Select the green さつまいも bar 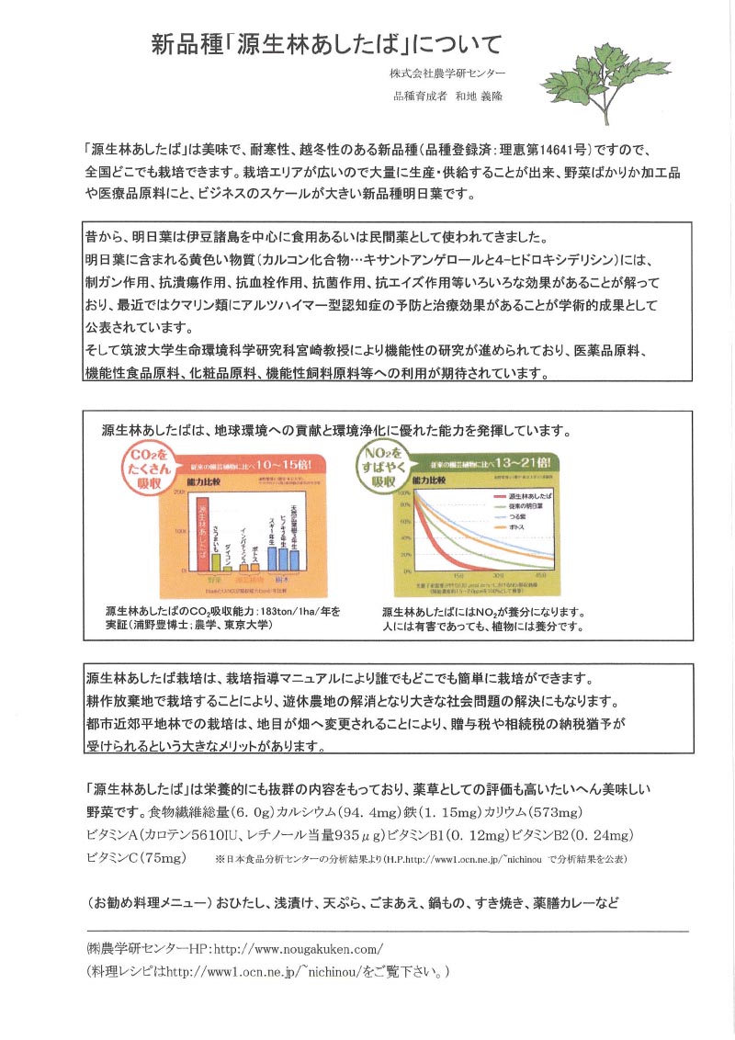point(216,561)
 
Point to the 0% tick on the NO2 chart point(404,570)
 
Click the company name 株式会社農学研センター point(447,73)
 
